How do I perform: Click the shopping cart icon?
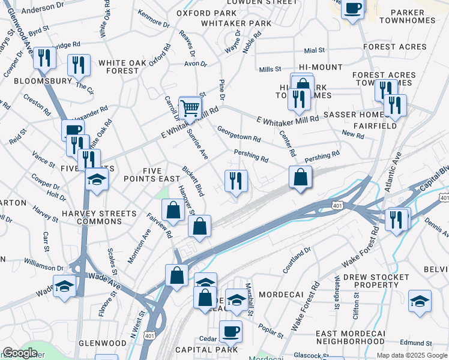pyautogui.click(x=190, y=108)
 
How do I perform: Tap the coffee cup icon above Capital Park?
pyautogui.click(x=230, y=331)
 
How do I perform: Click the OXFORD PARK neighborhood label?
pyautogui.click(x=207, y=13)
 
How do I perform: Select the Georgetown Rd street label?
pyautogui.click(x=238, y=134)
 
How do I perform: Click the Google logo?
pyautogui.click(x=21, y=353)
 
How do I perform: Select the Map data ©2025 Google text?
pyautogui.click(x=412, y=355)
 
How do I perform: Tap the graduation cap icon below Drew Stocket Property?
pyautogui.click(x=419, y=302)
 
